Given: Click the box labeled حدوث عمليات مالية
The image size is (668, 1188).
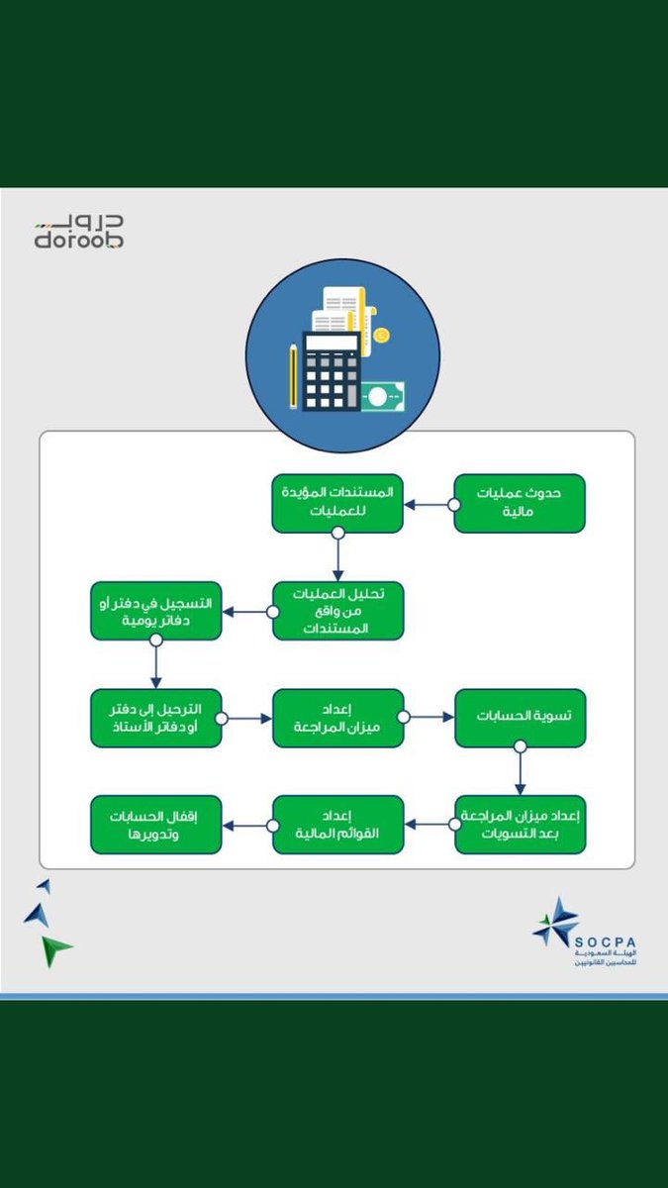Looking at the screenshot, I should (x=520, y=503).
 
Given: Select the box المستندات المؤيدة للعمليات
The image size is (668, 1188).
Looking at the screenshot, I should (x=337, y=503).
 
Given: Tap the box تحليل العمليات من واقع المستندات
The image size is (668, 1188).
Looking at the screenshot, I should (x=337, y=610).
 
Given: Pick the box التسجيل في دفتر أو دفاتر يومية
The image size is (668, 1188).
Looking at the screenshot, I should (x=155, y=610).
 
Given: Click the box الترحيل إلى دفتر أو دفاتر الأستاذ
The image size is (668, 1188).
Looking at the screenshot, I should (x=155, y=718).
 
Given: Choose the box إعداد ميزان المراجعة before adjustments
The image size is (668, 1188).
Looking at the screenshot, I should (x=337, y=718).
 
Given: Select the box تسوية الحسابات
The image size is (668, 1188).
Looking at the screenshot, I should (x=520, y=718).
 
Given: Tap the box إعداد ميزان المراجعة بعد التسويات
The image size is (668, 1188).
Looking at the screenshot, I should (x=520, y=824).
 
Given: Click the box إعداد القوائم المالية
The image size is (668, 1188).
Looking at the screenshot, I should (x=337, y=824).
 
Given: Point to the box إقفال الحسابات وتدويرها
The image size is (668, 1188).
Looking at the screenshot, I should (x=155, y=824).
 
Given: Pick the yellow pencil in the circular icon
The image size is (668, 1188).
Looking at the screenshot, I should (x=293, y=376).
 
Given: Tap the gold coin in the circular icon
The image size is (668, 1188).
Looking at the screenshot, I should (x=381, y=336).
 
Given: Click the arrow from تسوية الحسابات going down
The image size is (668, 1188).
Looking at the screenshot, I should (x=520, y=770).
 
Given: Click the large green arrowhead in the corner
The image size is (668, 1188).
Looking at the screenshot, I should (x=55, y=950).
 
